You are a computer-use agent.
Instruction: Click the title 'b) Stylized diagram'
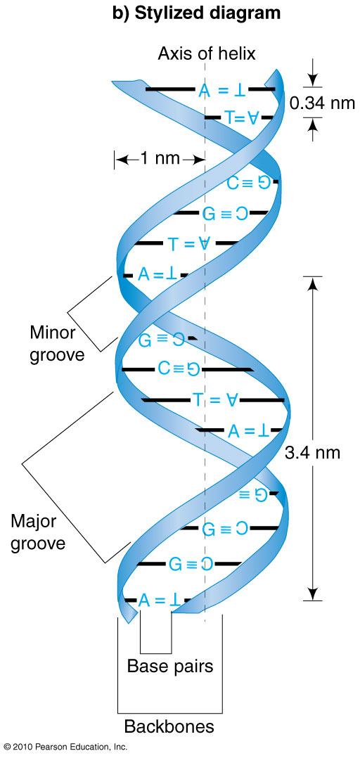coord(196,14)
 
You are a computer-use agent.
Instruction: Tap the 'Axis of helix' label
coord(206,53)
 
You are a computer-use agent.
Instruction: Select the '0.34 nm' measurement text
coord(322,103)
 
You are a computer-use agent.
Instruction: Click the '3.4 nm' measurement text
coord(313,453)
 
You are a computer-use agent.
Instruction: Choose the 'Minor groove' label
coord(57,344)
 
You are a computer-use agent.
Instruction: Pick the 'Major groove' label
coord(38,532)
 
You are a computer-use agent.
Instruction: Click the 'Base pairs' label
coord(170,666)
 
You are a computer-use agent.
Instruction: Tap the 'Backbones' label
coord(169,726)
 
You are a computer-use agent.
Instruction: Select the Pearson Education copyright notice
coord(65,747)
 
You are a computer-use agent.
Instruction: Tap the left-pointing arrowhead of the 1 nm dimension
coord(121,159)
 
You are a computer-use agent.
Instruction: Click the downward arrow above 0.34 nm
coord(313,73)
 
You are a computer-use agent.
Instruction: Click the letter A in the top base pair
coord(205,90)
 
